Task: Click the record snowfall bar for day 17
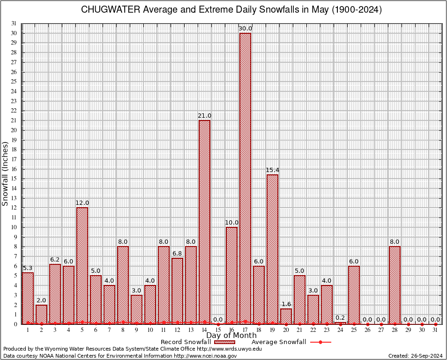245,178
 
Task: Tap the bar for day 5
82,265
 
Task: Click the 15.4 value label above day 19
272,170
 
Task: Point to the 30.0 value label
245,29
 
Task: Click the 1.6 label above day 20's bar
286,304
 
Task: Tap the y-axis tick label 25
14,82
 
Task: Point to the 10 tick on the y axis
14,227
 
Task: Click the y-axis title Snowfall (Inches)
5,174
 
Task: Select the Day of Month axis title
231,336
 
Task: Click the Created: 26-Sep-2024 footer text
415,356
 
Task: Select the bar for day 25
354,295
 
